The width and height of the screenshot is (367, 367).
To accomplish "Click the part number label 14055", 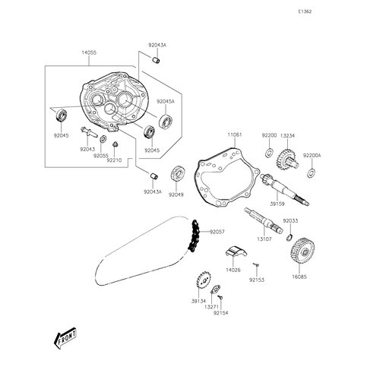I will coord(90,53).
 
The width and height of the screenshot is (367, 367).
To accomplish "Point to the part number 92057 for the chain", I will coord(217,232).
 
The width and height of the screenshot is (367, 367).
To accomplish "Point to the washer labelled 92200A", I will coord(311,174).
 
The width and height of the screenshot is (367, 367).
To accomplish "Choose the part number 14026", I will coord(233,270).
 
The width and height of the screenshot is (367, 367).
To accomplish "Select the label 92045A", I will coord(166,101).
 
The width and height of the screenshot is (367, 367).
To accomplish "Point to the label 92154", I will coord(221,313).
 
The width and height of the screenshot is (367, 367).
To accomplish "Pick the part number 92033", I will coord(290,220).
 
